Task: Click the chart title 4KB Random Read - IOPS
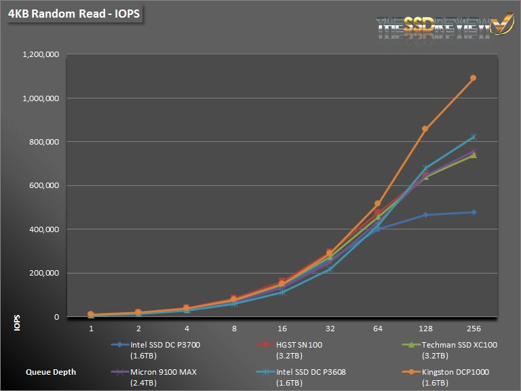point(74,14)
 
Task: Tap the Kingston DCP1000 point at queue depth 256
point(473,78)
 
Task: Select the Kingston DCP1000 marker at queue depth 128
point(425,128)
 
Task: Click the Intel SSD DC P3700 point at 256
point(473,212)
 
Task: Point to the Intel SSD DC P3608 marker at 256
point(473,137)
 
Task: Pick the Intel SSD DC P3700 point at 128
point(425,215)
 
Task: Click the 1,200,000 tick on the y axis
point(41,54)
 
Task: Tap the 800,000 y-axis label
point(45,142)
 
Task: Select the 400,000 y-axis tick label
point(45,229)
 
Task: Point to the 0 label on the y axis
point(57,317)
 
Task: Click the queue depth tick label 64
point(378,329)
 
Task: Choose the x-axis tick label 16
point(282,329)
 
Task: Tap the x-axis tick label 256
point(473,329)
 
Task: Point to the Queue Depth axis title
point(51,372)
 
